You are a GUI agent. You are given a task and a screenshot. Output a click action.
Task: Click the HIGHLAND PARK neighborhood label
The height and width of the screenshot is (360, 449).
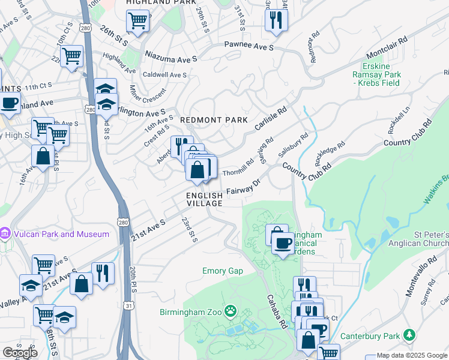point(152,3)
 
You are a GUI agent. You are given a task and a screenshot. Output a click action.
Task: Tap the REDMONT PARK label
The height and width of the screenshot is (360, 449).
point(214,120)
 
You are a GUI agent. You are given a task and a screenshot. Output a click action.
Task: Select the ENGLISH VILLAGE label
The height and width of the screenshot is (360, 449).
point(205,199)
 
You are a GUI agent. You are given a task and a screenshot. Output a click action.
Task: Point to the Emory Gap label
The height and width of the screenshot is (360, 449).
point(223,271)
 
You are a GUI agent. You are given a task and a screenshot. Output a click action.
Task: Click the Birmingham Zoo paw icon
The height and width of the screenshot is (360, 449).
point(231,311)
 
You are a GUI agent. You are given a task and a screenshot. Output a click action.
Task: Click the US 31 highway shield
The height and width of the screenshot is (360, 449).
point(128,306)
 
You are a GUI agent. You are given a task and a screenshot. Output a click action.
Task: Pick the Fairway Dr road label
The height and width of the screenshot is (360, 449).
point(243,188)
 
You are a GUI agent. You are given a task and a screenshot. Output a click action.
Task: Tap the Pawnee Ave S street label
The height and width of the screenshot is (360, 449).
point(249,46)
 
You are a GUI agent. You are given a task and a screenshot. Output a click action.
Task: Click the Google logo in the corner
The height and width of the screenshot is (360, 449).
point(20,353)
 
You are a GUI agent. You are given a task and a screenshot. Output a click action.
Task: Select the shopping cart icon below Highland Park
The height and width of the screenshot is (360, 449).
point(137,21)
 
